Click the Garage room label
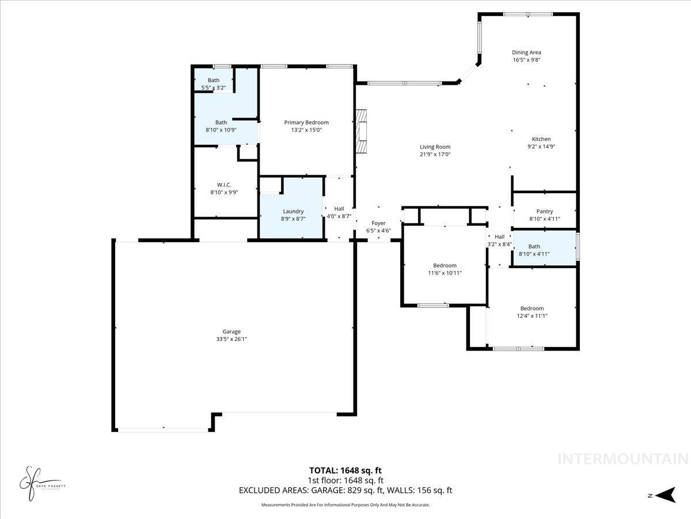click(231, 332)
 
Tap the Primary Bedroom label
click(306, 122)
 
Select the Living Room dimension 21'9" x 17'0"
click(435, 155)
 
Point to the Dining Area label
click(526, 52)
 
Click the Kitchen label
click(541, 139)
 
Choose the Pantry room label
click(544, 211)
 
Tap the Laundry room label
click(293, 211)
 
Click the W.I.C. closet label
click(224, 185)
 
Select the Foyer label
click(378, 223)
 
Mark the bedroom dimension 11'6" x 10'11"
click(445, 273)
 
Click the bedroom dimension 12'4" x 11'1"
click(531, 315)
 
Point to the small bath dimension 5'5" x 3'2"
click(214, 88)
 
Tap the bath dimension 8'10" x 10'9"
click(221, 130)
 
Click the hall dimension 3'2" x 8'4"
click(499, 244)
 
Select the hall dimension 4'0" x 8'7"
click(339, 216)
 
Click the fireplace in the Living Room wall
click(361, 131)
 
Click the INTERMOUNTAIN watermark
click(622, 459)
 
